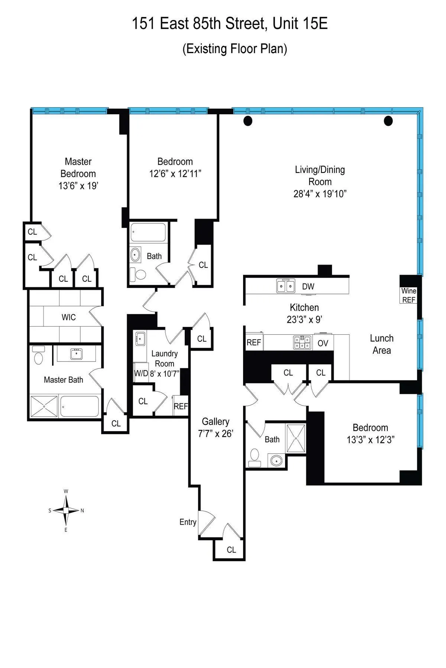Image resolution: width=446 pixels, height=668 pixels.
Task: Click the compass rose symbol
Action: (66, 510)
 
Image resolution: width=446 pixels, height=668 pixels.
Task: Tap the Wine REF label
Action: (408, 295)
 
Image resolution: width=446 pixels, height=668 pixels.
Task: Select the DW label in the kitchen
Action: (308, 286)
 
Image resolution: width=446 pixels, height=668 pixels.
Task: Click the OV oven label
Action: (323, 343)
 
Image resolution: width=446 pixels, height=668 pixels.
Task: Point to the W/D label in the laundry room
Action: (141, 373)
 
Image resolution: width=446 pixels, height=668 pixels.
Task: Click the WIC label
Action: (68, 317)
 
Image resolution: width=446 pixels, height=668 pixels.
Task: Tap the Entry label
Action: (188, 522)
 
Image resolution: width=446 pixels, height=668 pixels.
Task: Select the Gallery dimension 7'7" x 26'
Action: (216, 433)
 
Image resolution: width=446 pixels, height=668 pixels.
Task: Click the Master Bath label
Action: (63, 380)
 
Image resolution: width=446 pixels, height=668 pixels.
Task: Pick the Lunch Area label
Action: (382, 344)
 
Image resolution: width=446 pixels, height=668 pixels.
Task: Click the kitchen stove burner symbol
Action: (302, 343)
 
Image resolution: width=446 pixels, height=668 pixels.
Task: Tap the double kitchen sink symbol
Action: (285, 286)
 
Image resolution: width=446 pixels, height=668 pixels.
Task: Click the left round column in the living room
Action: (248, 121)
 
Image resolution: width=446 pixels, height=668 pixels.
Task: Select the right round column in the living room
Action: (388, 121)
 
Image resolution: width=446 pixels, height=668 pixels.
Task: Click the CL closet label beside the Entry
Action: (231, 550)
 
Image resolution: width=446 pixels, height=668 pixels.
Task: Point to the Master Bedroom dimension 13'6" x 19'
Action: (78, 186)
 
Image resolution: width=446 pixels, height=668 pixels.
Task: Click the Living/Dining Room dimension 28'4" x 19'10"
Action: (320, 194)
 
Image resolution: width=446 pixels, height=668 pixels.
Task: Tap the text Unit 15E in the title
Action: (300, 24)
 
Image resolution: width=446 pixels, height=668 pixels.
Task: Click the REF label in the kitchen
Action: (254, 343)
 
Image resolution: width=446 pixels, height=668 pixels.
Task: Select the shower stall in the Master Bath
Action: (44, 407)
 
